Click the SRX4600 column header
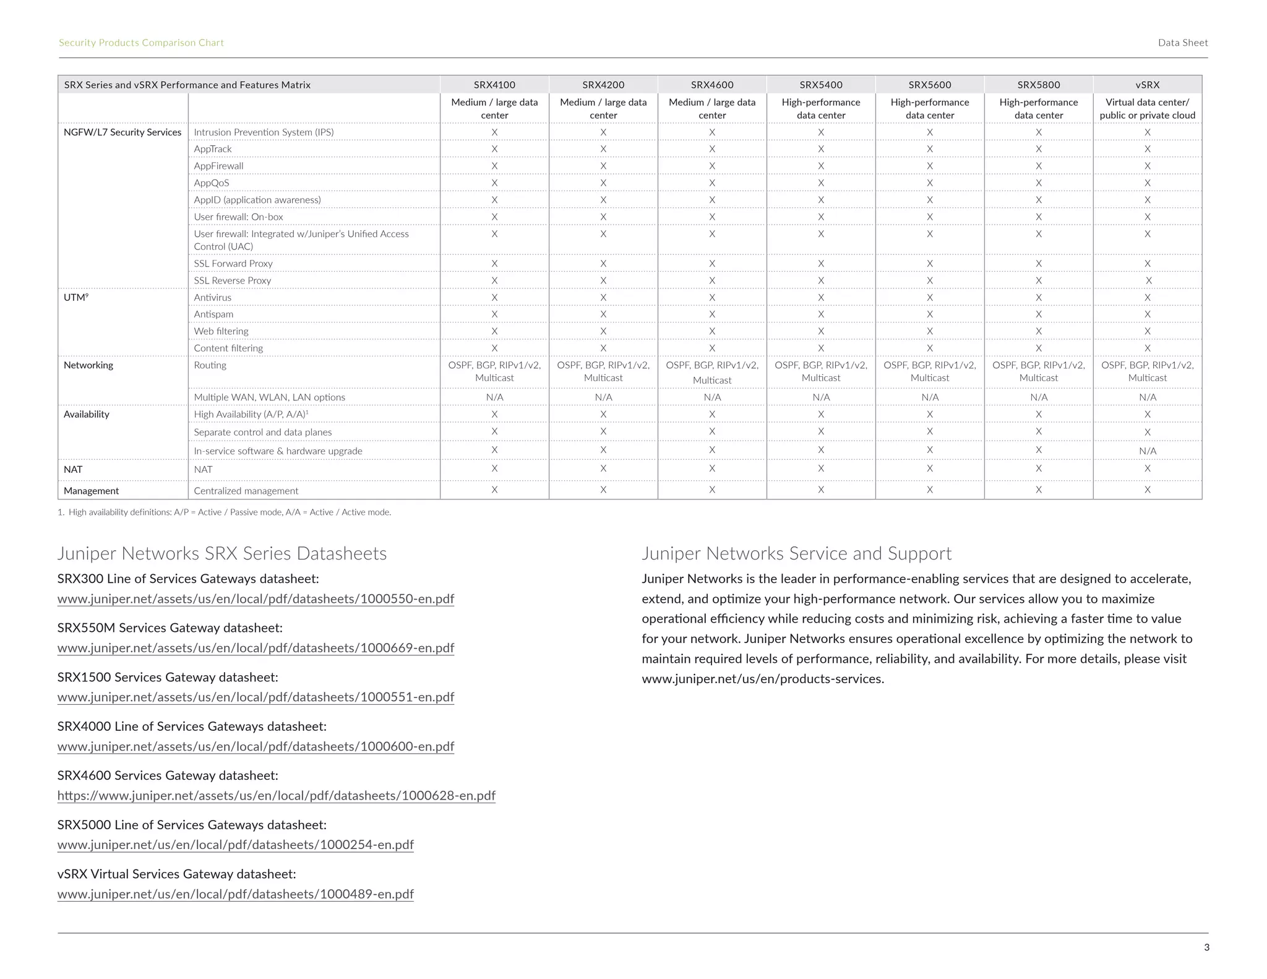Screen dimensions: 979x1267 pyautogui.click(x=711, y=85)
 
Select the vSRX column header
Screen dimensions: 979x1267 pyautogui.click(x=1147, y=85)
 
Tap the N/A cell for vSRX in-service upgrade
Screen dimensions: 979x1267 pyautogui.click(x=1147, y=451)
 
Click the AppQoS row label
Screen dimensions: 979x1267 pyautogui.click(x=212, y=183)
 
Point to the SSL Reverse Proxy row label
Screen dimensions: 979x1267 pyautogui.click(x=233, y=280)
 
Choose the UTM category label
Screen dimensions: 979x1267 pyautogui.click(x=75, y=298)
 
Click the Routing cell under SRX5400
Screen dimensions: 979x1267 pyautogui.click(x=821, y=371)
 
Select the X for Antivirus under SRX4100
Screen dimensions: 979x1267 pyautogui.click(x=494, y=298)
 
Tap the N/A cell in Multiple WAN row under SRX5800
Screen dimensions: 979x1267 pyautogui.click(x=1039, y=397)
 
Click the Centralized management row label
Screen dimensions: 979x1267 pyautogui.click(x=246, y=491)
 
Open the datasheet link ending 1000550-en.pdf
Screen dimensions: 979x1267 pyautogui.click(x=256, y=599)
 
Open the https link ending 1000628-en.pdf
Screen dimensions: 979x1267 pyautogui.click(x=276, y=796)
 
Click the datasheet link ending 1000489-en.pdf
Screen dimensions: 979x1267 pyautogui.click(x=235, y=894)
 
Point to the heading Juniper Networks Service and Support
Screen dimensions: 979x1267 pyautogui.click(x=796, y=553)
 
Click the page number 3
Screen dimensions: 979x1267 pyautogui.click(x=1206, y=947)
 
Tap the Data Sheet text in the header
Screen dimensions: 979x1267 pyautogui.click(x=1182, y=43)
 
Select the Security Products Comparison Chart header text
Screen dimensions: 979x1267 pyautogui.click(x=141, y=43)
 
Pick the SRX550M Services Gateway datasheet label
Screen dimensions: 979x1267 pyautogui.click(x=170, y=628)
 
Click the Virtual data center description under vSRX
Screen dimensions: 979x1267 pyautogui.click(x=1147, y=109)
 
